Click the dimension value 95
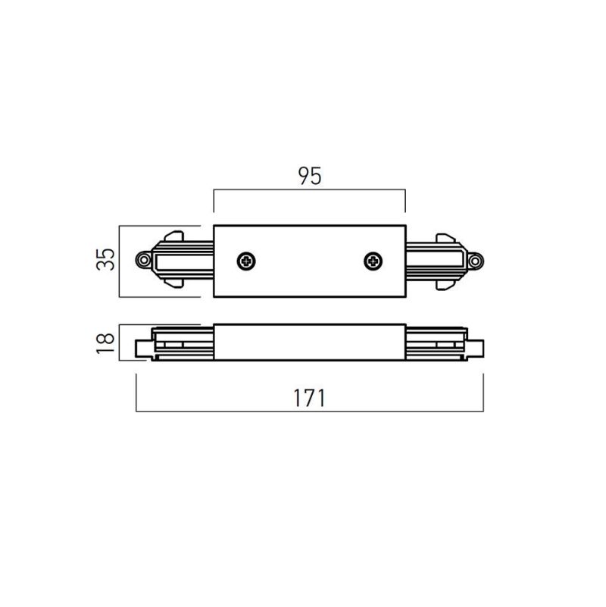click(310, 176)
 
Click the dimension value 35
click(105, 259)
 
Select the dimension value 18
click(105, 343)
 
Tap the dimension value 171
click(310, 398)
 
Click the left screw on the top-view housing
click(246, 261)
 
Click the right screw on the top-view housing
click(373, 261)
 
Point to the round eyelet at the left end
click(144, 260)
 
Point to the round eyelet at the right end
click(476, 261)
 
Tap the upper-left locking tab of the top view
click(173, 236)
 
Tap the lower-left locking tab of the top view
click(173, 283)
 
